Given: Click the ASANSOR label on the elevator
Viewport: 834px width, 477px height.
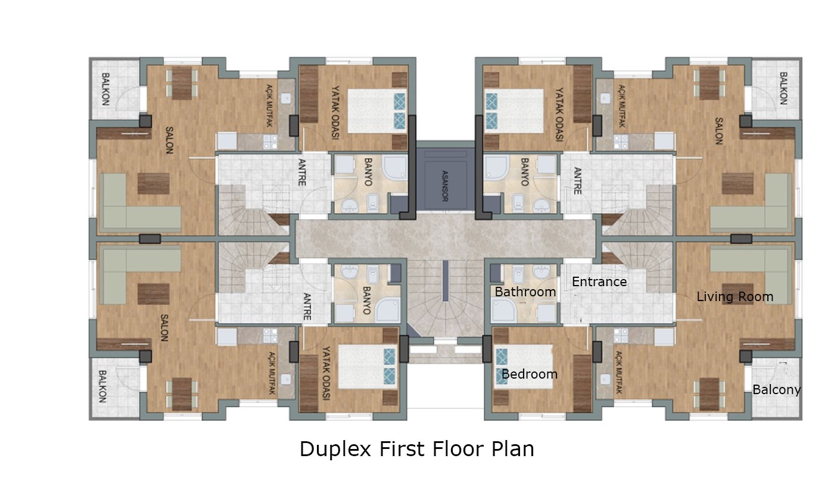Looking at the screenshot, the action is pos(444,186).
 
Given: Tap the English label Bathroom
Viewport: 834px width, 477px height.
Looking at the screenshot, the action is pos(525,292).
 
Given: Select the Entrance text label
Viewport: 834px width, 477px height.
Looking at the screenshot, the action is pos(599,281).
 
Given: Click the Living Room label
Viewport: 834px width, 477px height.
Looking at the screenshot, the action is pos(735,297).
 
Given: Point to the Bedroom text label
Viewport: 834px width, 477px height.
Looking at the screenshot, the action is pos(530,374).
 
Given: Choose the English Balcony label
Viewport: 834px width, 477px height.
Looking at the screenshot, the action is pos(776,390).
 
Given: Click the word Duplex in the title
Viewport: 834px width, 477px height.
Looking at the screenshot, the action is pos(335,450).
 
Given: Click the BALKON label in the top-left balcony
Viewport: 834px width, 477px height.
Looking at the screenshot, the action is pos(106,89).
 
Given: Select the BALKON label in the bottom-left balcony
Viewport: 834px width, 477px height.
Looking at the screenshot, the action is pos(102,386).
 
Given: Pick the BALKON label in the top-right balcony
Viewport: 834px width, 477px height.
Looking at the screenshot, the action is pos(783,88).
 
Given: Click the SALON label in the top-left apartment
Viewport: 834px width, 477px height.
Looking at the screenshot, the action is pos(169,140).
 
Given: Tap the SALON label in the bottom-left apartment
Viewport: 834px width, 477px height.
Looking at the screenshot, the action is pos(164,328).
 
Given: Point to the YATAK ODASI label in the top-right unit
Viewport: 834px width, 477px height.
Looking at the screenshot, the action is pos(559,114).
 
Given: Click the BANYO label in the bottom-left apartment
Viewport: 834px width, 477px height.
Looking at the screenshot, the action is pos(366,301).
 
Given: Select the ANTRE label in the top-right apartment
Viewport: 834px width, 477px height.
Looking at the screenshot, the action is pos(577,181).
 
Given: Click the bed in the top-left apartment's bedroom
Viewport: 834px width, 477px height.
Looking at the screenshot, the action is pos(376,111).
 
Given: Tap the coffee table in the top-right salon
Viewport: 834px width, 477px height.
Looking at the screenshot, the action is pos(737,184).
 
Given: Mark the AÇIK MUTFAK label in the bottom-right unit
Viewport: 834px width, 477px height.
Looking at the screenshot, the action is pos(618,372).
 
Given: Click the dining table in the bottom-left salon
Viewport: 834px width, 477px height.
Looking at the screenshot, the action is pos(182,394).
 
